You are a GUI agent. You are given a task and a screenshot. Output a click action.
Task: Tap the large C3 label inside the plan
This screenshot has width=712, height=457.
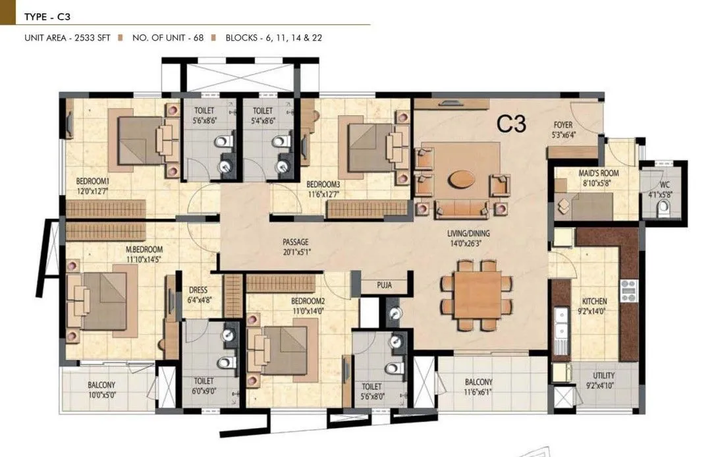[x=511, y=124]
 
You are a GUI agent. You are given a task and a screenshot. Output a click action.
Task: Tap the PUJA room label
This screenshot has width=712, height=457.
[x=385, y=286]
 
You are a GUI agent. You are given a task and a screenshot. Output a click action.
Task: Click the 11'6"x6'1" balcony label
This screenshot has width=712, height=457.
[x=478, y=387]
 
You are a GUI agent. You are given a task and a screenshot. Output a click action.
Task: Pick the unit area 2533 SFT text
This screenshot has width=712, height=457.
[x=67, y=38]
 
